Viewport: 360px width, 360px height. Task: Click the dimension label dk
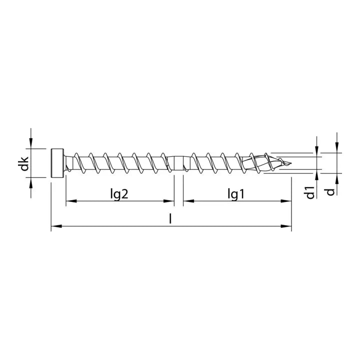(24, 163)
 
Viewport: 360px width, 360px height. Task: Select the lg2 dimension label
(119, 194)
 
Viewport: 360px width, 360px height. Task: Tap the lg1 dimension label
(235, 194)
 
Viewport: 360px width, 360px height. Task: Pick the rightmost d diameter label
(329, 191)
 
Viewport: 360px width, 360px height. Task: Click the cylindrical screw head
(58, 162)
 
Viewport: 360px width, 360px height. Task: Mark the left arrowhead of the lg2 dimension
(70, 201)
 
